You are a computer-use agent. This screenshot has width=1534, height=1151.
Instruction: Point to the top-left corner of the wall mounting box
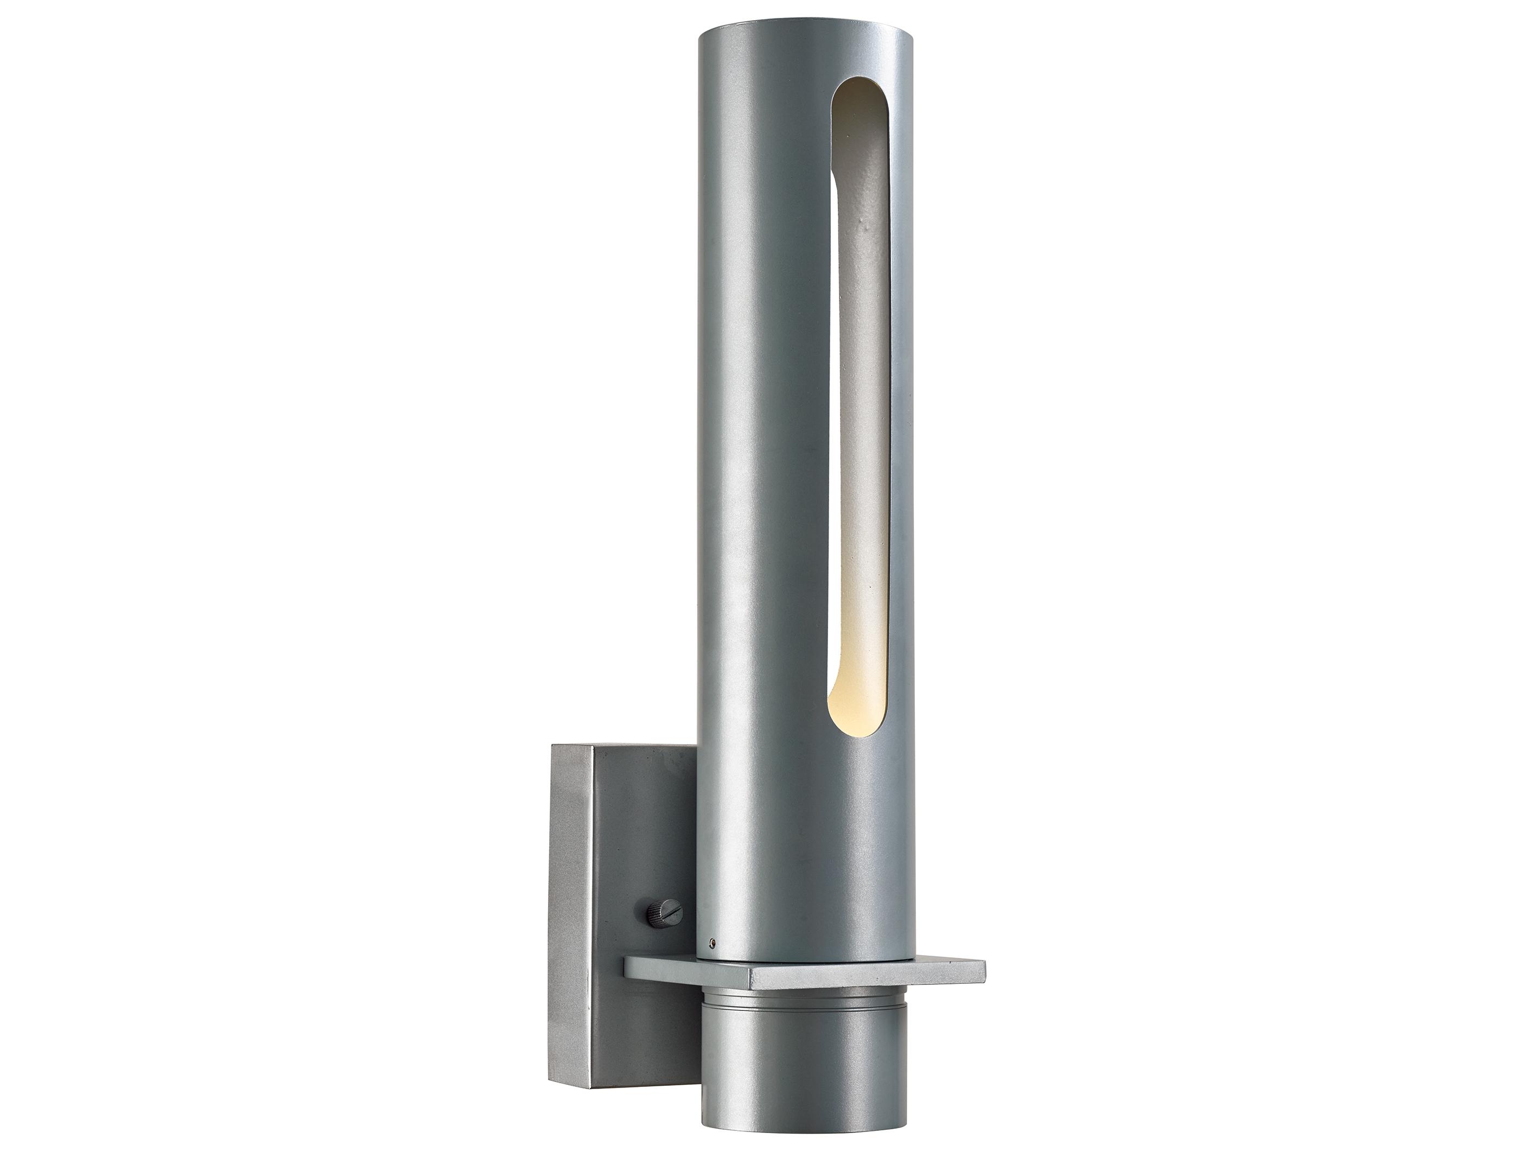click(553, 747)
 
